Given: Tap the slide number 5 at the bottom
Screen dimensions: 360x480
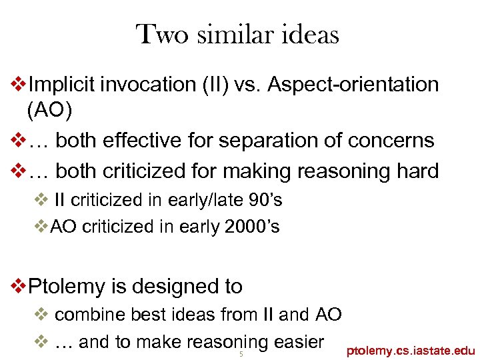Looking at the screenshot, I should pyautogui.click(x=241, y=354).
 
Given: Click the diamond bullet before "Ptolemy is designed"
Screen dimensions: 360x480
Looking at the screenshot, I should pyautogui.click(x=20, y=287).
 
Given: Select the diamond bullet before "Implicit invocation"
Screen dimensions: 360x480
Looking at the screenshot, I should pyautogui.click(x=20, y=85).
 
